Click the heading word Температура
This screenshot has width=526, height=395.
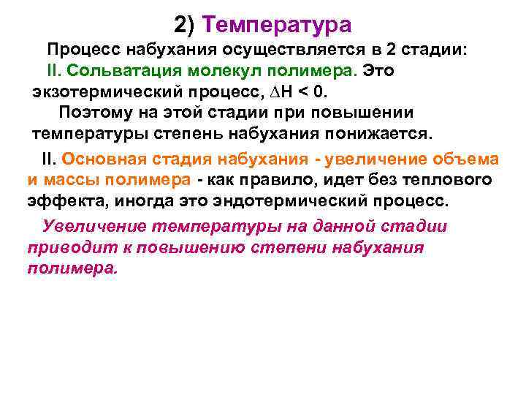pos(278,26)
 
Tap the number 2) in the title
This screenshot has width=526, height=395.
pos(186,26)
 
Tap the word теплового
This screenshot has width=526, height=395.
pos(449,180)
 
